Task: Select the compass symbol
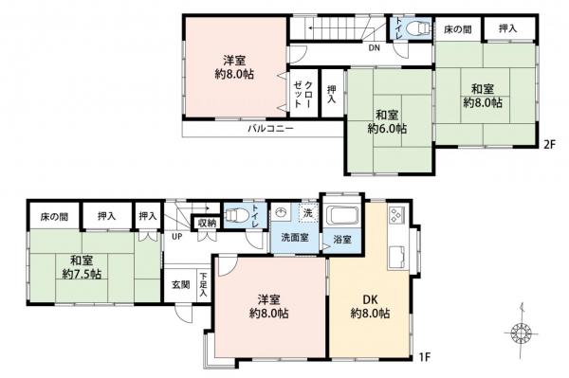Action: tap(521, 333)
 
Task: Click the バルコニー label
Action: tap(270, 128)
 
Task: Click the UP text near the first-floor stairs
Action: tap(176, 237)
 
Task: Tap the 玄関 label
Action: tap(180, 284)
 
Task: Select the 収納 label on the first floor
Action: tap(208, 223)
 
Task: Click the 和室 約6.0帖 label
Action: tap(388, 119)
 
